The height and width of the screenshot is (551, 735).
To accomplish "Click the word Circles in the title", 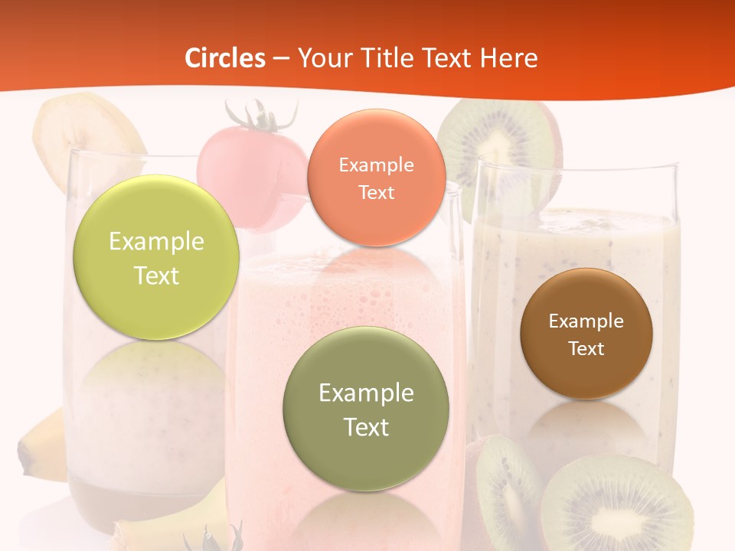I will coord(225,58).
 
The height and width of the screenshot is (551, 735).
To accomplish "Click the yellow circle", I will coord(156,257).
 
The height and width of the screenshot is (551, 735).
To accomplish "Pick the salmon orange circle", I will coord(376,178).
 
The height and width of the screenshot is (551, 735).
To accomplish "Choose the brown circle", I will coord(586,334).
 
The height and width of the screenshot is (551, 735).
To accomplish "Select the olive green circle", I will coord(366,409).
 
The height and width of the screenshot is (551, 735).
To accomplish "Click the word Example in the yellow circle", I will coord(156,242).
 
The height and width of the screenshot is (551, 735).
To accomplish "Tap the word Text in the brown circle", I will coord(586,348).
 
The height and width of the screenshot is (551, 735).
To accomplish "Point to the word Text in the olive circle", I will coord(366,426).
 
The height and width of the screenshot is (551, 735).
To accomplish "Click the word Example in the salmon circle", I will coord(376,165).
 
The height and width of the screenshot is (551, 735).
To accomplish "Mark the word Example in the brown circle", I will coord(586,321).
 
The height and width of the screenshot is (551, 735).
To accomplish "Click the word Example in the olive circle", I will coord(366,393).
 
